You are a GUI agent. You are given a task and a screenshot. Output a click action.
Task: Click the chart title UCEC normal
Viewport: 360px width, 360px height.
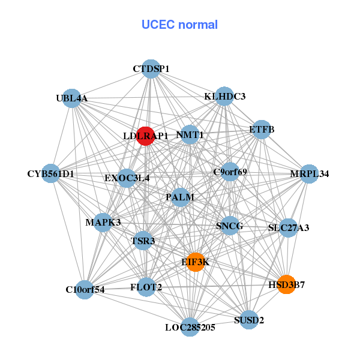click(x=179, y=25)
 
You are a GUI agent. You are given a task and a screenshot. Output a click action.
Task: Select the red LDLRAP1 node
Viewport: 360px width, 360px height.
click(x=145, y=136)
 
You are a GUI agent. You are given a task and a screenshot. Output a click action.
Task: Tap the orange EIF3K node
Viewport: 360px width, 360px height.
click(x=196, y=262)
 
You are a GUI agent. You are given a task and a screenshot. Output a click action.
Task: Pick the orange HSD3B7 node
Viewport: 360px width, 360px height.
click(x=287, y=285)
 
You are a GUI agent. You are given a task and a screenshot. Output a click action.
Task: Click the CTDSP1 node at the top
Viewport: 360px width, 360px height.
click(x=151, y=69)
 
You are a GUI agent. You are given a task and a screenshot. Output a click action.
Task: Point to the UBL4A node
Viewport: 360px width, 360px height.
click(x=72, y=98)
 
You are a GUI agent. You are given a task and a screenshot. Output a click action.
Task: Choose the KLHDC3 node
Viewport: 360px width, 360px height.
click(x=224, y=96)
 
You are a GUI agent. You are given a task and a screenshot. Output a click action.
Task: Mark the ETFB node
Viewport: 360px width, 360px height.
click(x=261, y=129)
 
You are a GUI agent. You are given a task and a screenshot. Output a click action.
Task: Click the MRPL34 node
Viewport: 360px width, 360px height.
click(x=309, y=174)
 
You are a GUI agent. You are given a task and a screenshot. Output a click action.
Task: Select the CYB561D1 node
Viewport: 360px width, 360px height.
click(x=51, y=174)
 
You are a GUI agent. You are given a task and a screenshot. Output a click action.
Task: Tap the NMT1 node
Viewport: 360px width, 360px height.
click(x=190, y=135)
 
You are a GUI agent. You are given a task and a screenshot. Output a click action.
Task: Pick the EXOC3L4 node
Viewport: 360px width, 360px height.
click(x=127, y=178)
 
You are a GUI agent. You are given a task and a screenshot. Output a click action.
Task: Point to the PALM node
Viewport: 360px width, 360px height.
click(x=181, y=197)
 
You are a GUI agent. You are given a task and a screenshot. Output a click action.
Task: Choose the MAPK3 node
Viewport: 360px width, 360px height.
click(x=103, y=223)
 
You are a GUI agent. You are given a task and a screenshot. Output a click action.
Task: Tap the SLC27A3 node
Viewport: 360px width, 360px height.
click(x=289, y=228)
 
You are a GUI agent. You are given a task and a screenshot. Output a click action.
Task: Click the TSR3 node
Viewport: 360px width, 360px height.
click(x=143, y=241)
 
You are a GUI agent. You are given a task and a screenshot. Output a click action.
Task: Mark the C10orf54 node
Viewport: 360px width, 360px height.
click(x=85, y=290)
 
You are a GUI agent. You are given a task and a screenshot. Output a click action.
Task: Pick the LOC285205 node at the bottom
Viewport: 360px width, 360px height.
click(x=190, y=327)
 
